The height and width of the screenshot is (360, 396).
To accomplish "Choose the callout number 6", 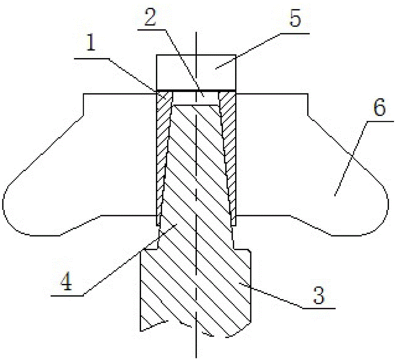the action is (380, 107).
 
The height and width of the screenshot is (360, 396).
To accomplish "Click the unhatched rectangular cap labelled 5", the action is (196, 72).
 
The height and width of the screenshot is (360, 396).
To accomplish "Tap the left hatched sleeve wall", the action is (163, 158).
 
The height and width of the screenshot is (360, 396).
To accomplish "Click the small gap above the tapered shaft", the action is (196, 98).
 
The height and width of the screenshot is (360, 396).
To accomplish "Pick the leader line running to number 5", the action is (263, 51).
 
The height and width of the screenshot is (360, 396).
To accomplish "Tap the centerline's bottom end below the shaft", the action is (196, 358).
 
